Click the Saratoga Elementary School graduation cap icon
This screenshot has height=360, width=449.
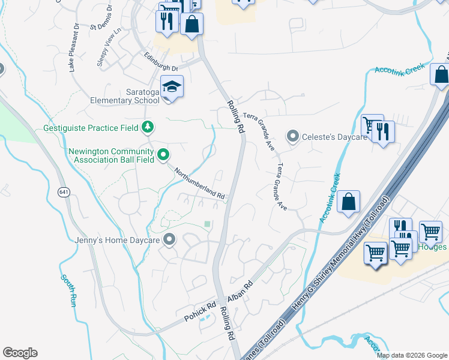(x=172, y=87)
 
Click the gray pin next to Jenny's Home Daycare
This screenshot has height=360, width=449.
(x=169, y=240)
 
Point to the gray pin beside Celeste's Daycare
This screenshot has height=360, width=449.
(x=292, y=137)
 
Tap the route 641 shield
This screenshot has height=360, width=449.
(x=64, y=192)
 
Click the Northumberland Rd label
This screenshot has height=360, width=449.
(x=199, y=184)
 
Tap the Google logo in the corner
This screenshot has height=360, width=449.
(x=20, y=353)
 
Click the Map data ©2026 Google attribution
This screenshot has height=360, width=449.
(x=411, y=355)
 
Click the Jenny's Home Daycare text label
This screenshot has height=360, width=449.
(x=117, y=240)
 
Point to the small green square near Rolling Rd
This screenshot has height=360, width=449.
(x=207, y=224)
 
